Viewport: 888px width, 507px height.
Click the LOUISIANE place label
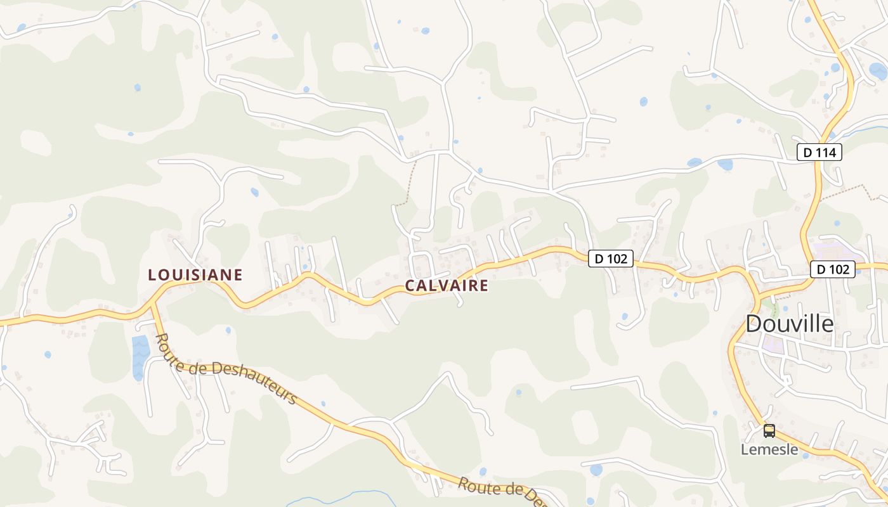[195, 275]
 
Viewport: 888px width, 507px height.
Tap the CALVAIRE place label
[447, 286]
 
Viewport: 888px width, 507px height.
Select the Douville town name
[789, 324]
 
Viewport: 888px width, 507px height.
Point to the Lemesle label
[769, 449]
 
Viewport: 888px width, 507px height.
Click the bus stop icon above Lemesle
[769, 431]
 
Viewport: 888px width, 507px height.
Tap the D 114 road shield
[819, 152]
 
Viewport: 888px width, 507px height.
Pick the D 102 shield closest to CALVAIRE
[611, 259]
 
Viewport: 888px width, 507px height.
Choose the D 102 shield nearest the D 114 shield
[832, 269]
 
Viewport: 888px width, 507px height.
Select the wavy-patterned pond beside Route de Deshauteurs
[140, 357]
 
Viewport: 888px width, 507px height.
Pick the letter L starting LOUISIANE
[152, 275]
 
